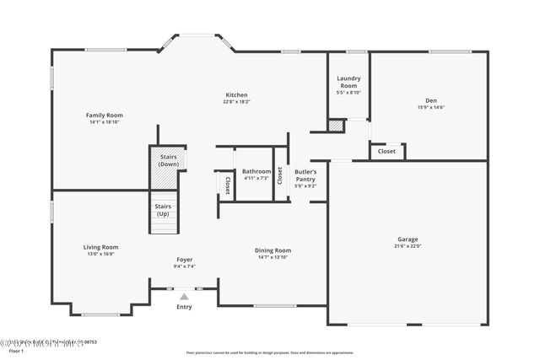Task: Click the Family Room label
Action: [105, 115]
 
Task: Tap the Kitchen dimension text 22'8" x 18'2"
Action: [236, 102]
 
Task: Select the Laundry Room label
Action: [348, 82]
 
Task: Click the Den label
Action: [431, 100]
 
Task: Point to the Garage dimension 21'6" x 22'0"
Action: [408, 246]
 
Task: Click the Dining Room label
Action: [273, 250]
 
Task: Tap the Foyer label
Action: [185, 259]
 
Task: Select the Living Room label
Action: [100, 247]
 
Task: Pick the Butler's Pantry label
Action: [305, 175]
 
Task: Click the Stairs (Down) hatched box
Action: [163, 173]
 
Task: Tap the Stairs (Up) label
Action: [163, 209]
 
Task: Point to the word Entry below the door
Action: [184, 307]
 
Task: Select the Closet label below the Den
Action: [386, 152]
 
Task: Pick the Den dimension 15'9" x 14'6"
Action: [431, 107]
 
